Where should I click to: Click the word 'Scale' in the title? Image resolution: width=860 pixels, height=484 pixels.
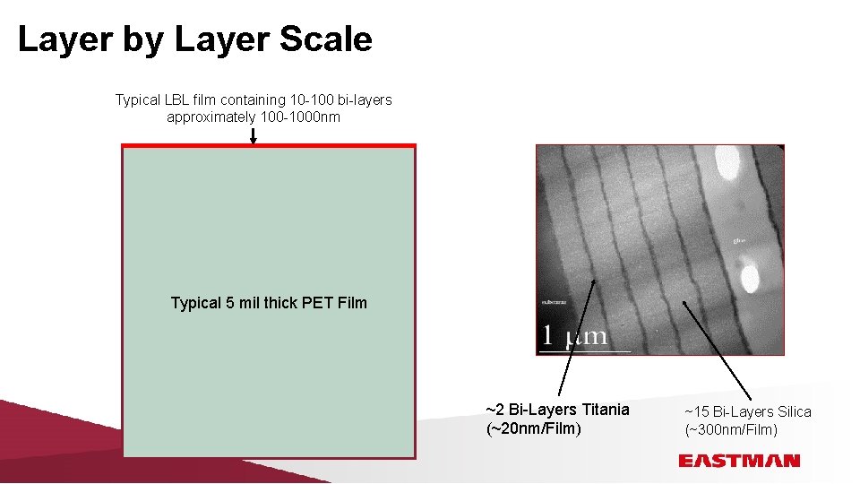[325, 39]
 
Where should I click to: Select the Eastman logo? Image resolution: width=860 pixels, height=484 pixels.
[739, 461]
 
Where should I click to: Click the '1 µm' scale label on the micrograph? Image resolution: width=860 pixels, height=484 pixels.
[573, 336]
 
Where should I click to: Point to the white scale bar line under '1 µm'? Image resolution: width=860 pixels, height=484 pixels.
[584, 351]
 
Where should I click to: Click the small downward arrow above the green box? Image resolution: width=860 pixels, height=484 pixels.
[254, 137]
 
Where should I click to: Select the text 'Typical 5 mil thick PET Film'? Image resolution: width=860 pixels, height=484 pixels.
[269, 303]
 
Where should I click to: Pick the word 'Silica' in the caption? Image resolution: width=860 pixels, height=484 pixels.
[788, 411]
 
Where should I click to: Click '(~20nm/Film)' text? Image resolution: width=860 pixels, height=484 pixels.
[533, 428]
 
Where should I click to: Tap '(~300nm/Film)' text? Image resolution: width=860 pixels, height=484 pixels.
[731, 430]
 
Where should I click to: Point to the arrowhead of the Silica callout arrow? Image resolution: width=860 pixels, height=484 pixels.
[684, 301]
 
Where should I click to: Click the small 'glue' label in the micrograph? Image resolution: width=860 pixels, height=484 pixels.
[740, 240]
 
